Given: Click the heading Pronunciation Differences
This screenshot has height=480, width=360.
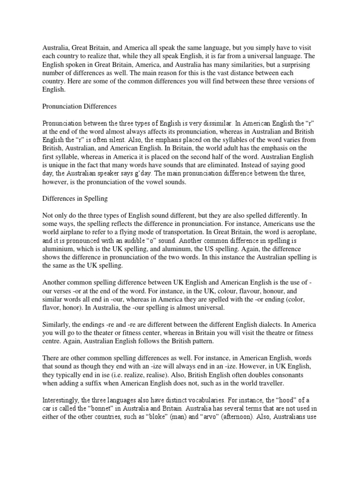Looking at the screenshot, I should coord(80,106).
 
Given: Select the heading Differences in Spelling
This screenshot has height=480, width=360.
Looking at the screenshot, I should coord(75,198).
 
